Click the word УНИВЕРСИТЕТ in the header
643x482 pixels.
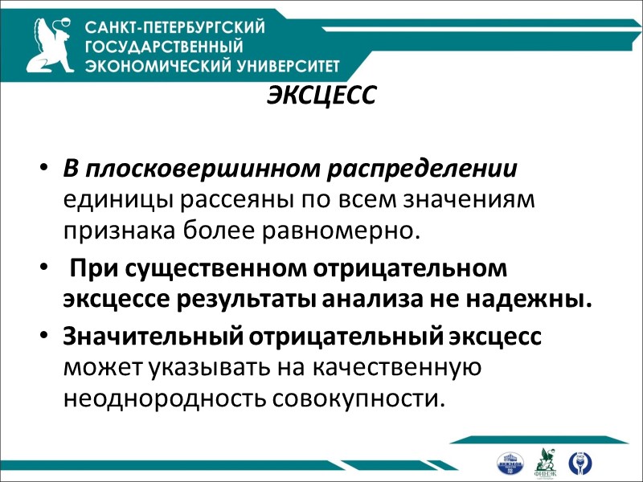tap(282, 66)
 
